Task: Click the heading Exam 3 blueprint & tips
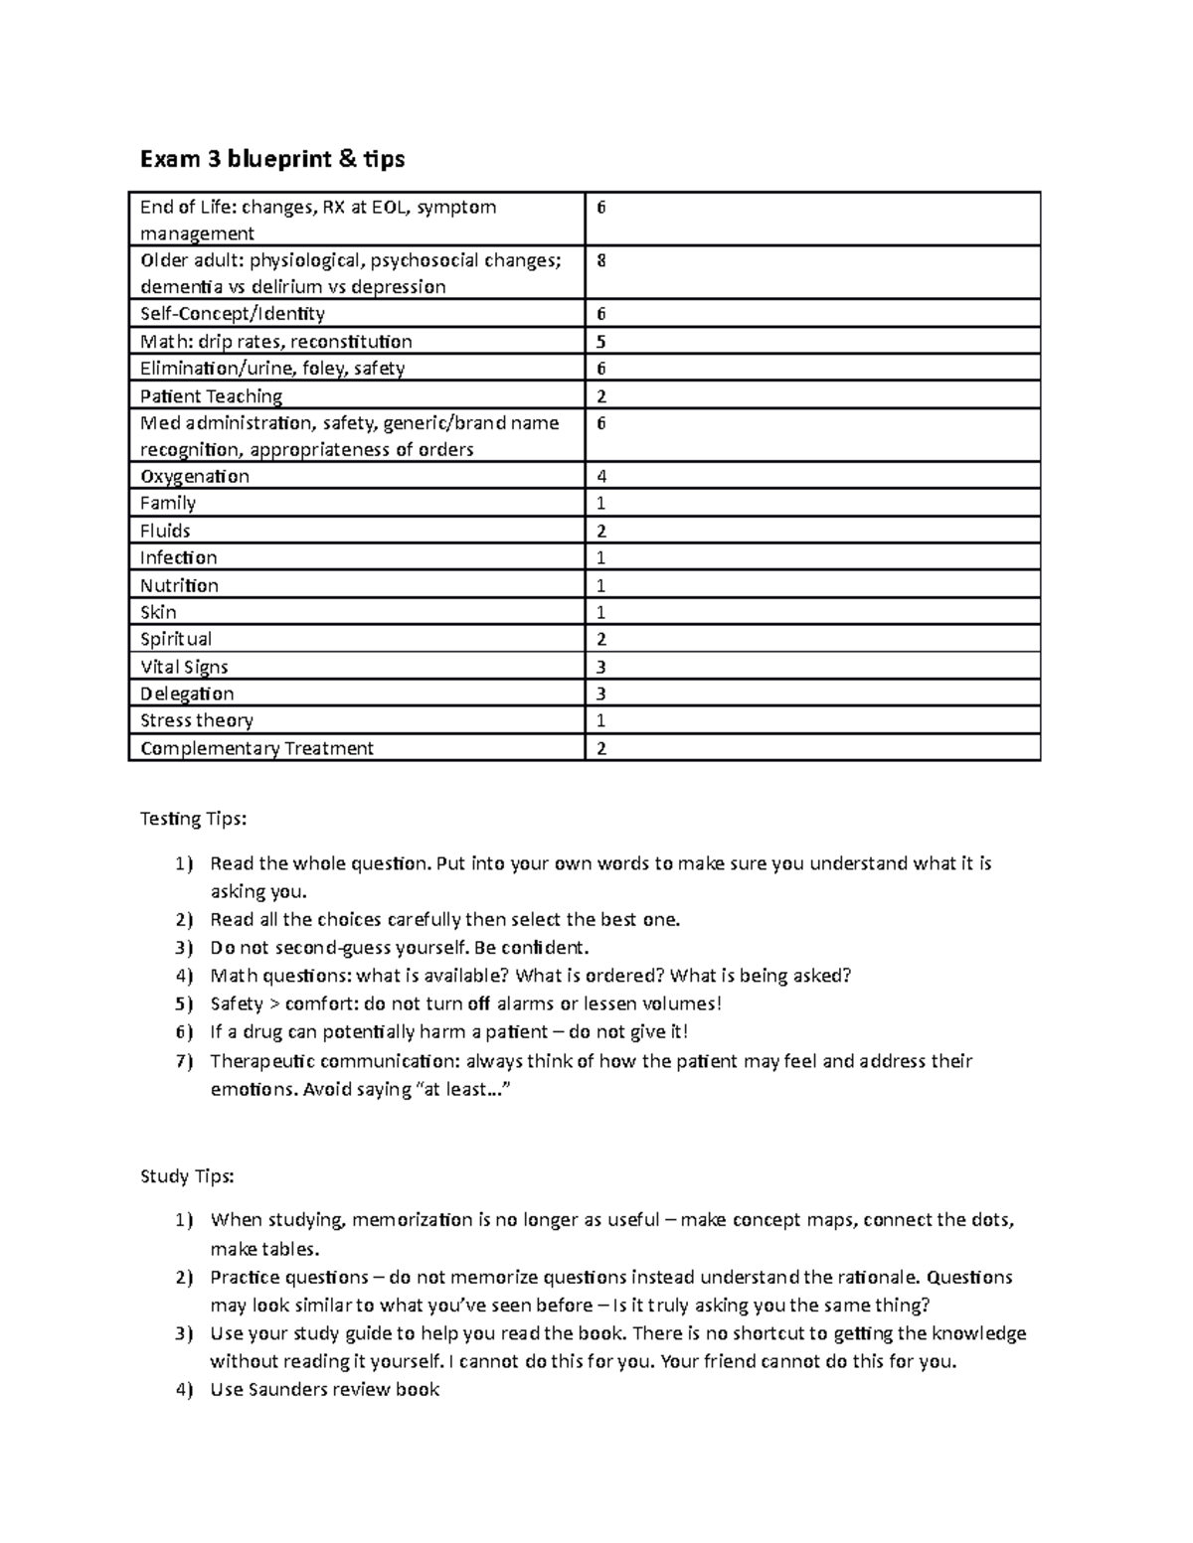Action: pyautogui.click(x=272, y=159)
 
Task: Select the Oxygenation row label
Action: pyautogui.click(x=195, y=476)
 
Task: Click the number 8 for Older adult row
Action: pyautogui.click(x=600, y=260)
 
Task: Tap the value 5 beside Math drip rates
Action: pyautogui.click(x=600, y=342)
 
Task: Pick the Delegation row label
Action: pyautogui.click(x=187, y=694)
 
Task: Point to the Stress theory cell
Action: pyautogui.click(x=197, y=720)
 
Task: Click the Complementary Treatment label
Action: pyautogui.click(x=256, y=748)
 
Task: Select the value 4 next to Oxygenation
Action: pyautogui.click(x=600, y=476)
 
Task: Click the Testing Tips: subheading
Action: pyautogui.click(x=192, y=819)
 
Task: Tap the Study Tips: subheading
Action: pyautogui.click(x=187, y=1176)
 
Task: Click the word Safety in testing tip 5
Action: pyautogui.click(x=237, y=1003)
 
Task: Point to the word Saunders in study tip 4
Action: pyautogui.click(x=287, y=1389)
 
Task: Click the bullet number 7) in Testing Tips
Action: pyautogui.click(x=183, y=1061)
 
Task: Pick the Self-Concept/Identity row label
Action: pyautogui.click(x=233, y=314)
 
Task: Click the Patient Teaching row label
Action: pyautogui.click(x=211, y=395)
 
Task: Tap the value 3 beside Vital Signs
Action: pyautogui.click(x=600, y=667)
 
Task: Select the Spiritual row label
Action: pyautogui.click(x=176, y=639)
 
